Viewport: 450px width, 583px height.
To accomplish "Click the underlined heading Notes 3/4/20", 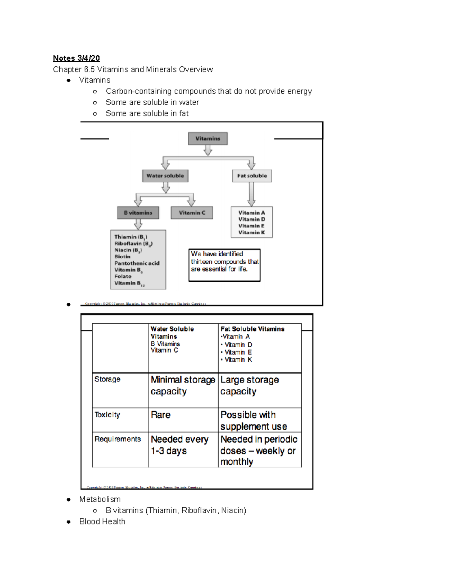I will point(76,58).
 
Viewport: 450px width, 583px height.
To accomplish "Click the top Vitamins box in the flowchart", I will point(207,139).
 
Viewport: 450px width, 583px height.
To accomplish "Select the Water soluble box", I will point(165,176).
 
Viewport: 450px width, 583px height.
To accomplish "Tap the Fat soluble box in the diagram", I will point(252,176).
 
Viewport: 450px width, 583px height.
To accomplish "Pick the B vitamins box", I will point(138,213).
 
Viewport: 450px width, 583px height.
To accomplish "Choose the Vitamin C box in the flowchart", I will point(192,213).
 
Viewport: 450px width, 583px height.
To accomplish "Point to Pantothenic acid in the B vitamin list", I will point(137,263).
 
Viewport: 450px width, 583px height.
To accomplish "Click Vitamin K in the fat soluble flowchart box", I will point(251,233).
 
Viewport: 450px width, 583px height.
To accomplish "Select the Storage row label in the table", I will point(107,379).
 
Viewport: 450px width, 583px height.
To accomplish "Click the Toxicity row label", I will point(107,415).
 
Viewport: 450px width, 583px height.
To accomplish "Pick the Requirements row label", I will point(117,439).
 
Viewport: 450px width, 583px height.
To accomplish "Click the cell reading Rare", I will point(160,415).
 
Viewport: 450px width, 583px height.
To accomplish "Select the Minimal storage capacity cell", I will point(183,386).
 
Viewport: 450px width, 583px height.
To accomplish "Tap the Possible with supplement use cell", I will point(253,420).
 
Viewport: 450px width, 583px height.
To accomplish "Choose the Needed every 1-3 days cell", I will point(179,445).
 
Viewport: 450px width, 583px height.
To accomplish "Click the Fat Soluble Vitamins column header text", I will point(252,329).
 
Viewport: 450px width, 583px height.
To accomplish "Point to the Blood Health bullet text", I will point(102,521).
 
